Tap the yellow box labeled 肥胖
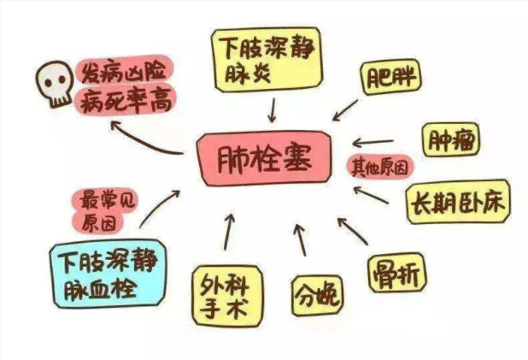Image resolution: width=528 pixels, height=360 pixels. pyautogui.click(x=390, y=77)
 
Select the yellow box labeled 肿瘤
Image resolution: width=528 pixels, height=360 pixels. pyautogui.click(x=450, y=139)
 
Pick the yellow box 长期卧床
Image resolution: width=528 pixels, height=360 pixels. pyautogui.click(x=458, y=202)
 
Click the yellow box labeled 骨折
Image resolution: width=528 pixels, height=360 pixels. pyautogui.click(x=397, y=273)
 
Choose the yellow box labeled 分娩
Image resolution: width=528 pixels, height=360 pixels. pyautogui.click(x=317, y=296)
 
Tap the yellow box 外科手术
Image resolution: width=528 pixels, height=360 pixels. pyautogui.click(x=227, y=297)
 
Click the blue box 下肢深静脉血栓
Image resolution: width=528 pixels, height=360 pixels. pyautogui.click(x=108, y=274)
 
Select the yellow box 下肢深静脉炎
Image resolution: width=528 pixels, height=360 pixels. pyautogui.click(x=267, y=60)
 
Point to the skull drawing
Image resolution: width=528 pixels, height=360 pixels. pyautogui.click(x=55, y=84)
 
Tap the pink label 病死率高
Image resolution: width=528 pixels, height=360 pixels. pyautogui.click(x=125, y=100)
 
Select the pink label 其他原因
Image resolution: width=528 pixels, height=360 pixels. pyautogui.click(x=380, y=167)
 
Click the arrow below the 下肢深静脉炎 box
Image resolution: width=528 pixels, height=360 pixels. pyautogui.click(x=273, y=110)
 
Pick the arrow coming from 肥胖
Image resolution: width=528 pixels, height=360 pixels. pyautogui.click(x=345, y=110)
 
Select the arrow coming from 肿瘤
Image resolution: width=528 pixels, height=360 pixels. pyautogui.click(x=373, y=143)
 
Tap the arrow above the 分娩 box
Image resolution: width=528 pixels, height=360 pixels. pyautogui.click(x=301, y=239)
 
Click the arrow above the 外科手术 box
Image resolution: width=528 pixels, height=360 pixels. pyautogui.click(x=229, y=232)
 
